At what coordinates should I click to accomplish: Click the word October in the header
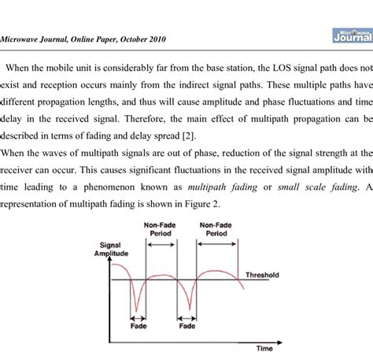(166, 37)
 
